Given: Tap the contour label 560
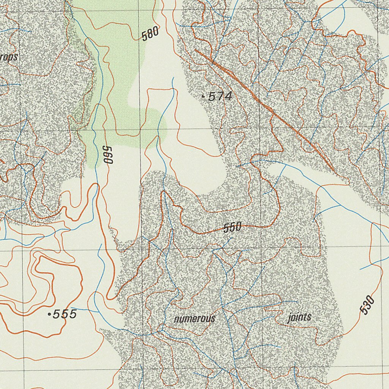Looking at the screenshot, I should [108, 155].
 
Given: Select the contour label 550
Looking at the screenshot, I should [232, 228].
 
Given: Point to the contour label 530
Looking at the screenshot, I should [367, 305].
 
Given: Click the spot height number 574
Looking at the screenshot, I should [220, 97].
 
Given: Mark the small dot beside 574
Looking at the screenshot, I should [204, 97].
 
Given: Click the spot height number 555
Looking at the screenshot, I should [65, 314].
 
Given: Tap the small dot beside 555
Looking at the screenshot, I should [49, 314].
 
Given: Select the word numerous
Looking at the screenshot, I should [194, 319].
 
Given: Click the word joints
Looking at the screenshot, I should [299, 317].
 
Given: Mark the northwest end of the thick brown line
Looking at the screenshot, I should [196, 50].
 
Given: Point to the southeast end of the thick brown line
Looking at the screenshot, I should [334, 171].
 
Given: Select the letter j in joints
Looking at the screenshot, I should [289, 318].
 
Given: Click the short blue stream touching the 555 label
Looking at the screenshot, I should [82, 309].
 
